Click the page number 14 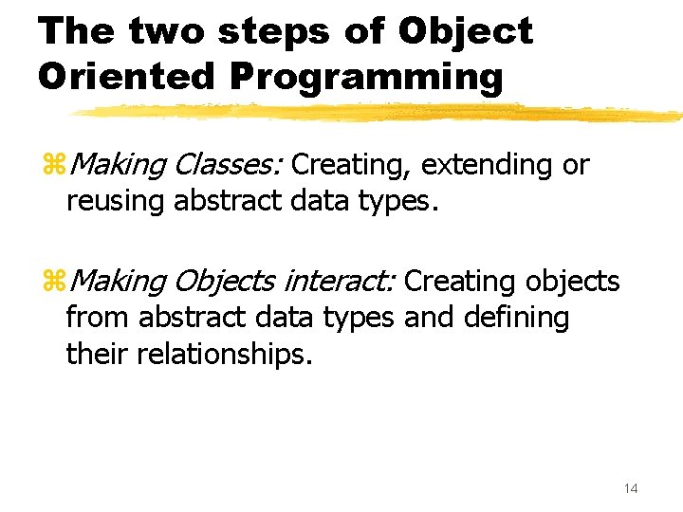click(x=631, y=487)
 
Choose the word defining click(x=516, y=318)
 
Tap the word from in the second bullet click(x=98, y=318)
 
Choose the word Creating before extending click(x=351, y=165)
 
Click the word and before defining click(x=429, y=318)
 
